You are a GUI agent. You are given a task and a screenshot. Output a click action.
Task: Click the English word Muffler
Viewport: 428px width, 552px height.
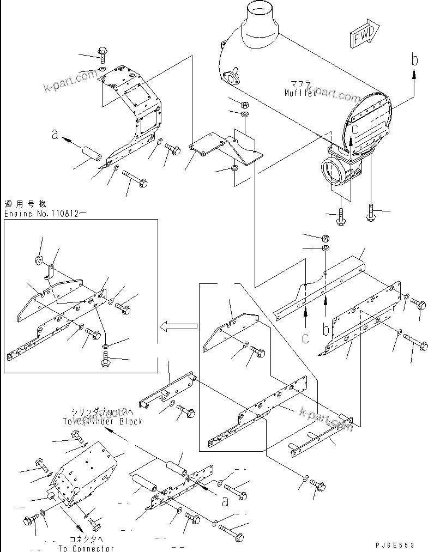[x=300, y=93]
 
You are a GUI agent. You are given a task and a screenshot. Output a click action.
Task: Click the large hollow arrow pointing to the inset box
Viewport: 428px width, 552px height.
[x=178, y=326]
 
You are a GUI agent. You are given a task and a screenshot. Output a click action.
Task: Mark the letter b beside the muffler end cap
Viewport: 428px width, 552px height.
[x=415, y=59]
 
